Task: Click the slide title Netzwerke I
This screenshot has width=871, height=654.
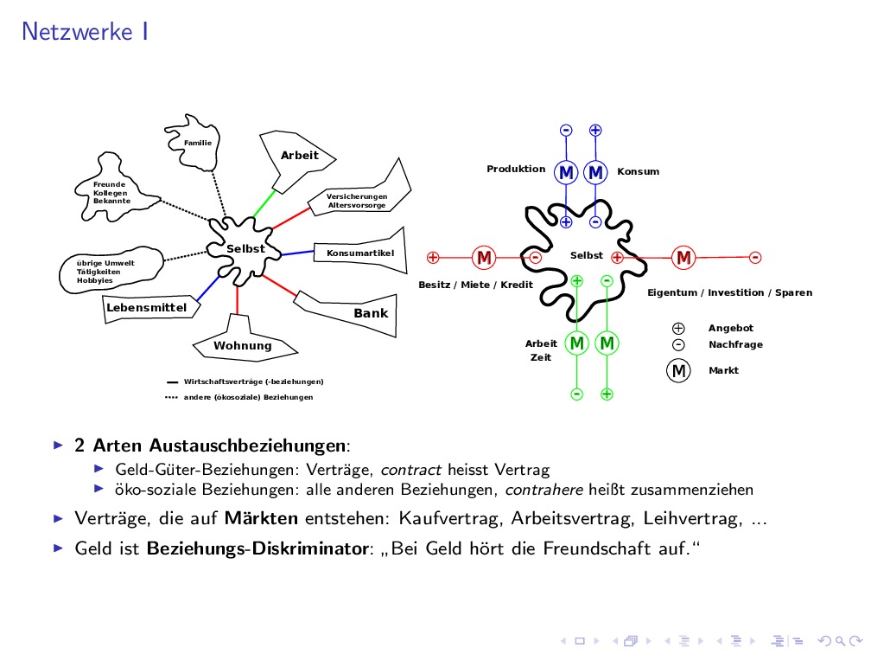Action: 85,32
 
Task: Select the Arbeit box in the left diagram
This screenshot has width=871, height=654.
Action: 299,156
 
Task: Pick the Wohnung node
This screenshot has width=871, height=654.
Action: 243,345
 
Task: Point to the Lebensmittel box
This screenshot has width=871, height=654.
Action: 146,307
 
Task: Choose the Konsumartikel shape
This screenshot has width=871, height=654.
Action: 360,253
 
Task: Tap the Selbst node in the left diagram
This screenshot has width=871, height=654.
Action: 245,248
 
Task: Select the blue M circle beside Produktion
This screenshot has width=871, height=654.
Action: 566,173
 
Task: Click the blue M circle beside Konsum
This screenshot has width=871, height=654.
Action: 595,173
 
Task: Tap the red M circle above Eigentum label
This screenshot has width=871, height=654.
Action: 684,257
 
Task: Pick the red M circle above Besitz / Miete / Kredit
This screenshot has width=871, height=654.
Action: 484,257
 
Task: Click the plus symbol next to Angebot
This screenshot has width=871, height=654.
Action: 678,328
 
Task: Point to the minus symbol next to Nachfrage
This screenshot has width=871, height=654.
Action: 678,344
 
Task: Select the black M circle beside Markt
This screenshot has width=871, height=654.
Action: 678,370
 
